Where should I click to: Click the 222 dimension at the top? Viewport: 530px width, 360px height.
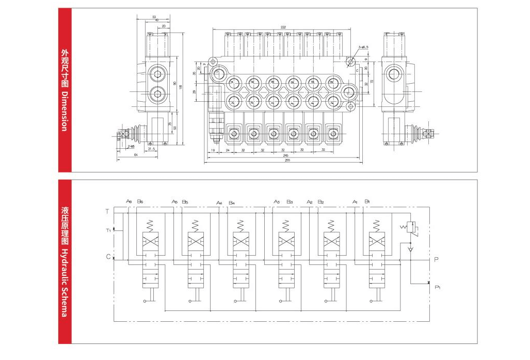coord(283,27)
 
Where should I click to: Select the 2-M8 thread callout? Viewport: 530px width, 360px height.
coord(132,146)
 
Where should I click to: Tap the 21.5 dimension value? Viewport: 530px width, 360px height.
coord(152,149)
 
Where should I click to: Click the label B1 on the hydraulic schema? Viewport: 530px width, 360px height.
coord(367,201)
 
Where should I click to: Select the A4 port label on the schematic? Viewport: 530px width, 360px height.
coord(219,202)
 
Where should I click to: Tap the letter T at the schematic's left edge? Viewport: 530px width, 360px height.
coord(107,211)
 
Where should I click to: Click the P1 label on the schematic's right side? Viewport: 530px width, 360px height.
coord(437,287)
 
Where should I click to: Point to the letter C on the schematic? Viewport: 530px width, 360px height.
coord(107,257)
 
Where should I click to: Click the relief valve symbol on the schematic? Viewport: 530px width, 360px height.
coord(410,228)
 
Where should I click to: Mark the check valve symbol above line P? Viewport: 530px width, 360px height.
coord(410,249)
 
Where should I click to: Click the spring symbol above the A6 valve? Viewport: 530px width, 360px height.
coord(150,225)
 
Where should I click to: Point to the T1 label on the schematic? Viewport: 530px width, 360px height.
coord(108,230)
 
